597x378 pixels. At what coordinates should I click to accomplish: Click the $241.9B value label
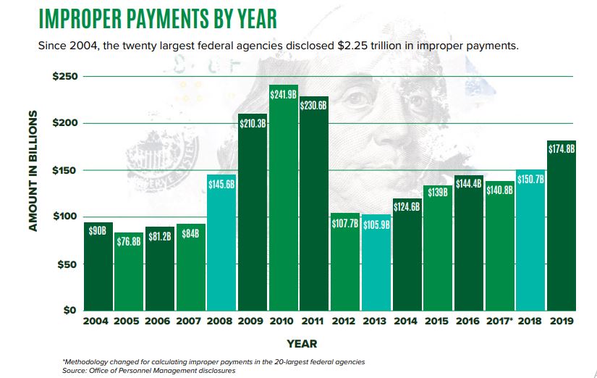[283, 94]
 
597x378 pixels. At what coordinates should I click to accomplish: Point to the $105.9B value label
[376, 224]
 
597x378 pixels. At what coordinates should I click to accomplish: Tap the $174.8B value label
[562, 149]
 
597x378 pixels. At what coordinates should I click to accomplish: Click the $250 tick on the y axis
[67, 77]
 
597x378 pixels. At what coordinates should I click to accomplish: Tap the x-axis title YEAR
[301, 343]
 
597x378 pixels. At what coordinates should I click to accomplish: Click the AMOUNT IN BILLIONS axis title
[33, 171]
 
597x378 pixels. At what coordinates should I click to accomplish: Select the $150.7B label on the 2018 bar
[530, 179]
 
